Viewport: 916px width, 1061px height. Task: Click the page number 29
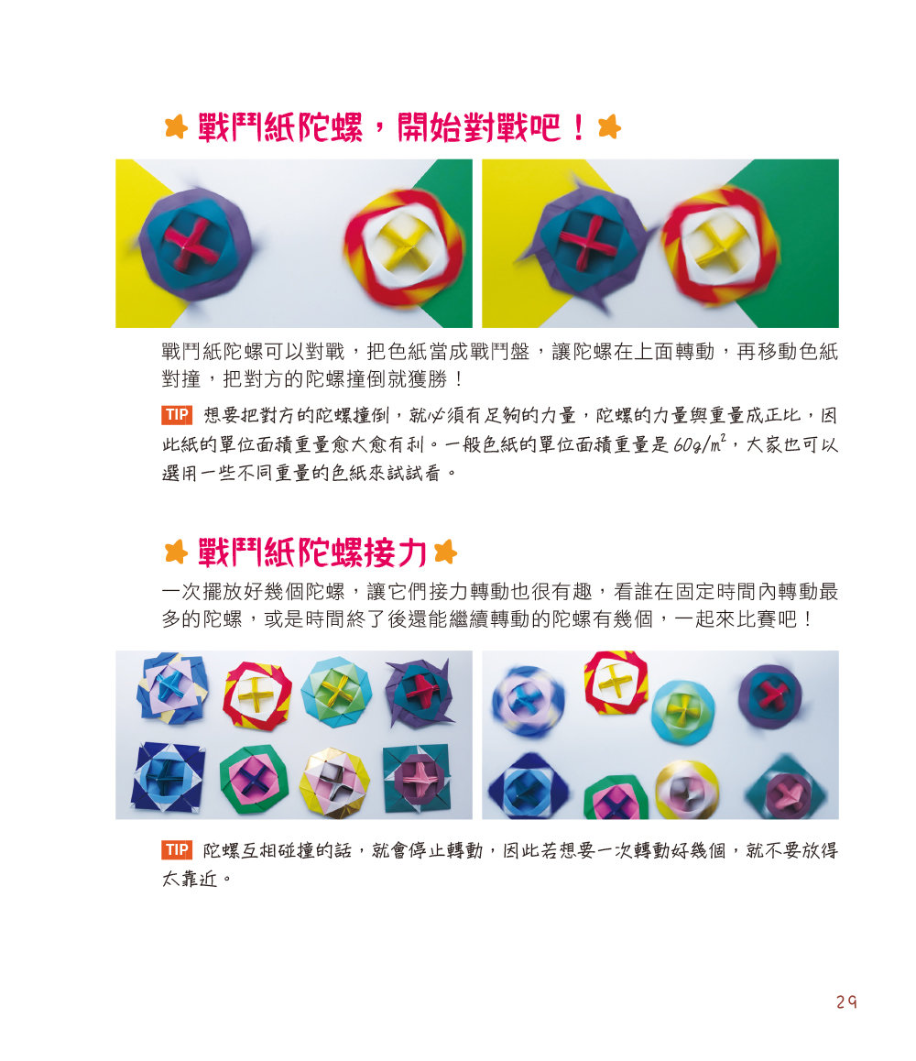point(846,1001)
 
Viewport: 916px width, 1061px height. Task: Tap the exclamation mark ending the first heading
point(578,127)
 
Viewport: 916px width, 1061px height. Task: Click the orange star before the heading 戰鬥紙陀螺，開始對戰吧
point(176,126)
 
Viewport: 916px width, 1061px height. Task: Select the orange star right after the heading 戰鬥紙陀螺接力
point(446,552)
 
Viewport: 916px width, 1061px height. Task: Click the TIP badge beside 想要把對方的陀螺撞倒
point(177,415)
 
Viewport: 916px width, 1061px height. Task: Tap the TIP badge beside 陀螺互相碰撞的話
point(177,850)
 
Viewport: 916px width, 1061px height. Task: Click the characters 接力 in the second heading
point(396,552)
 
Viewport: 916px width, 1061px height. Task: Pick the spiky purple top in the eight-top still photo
point(420,693)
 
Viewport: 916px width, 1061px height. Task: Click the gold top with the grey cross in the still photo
point(335,782)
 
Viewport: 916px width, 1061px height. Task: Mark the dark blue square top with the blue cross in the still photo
point(169,777)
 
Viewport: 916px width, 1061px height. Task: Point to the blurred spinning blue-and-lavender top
point(527,700)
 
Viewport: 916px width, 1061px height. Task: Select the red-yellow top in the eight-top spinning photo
point(616,682)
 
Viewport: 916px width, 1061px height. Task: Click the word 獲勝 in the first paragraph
point(428,379)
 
